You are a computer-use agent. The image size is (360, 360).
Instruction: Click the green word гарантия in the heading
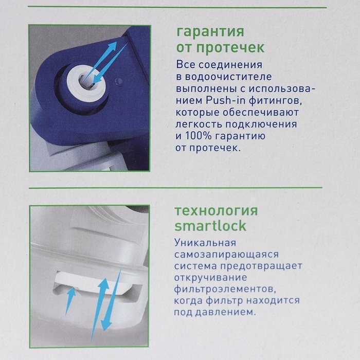coord(209,32)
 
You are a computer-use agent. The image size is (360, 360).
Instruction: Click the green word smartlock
coord(210,226)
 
